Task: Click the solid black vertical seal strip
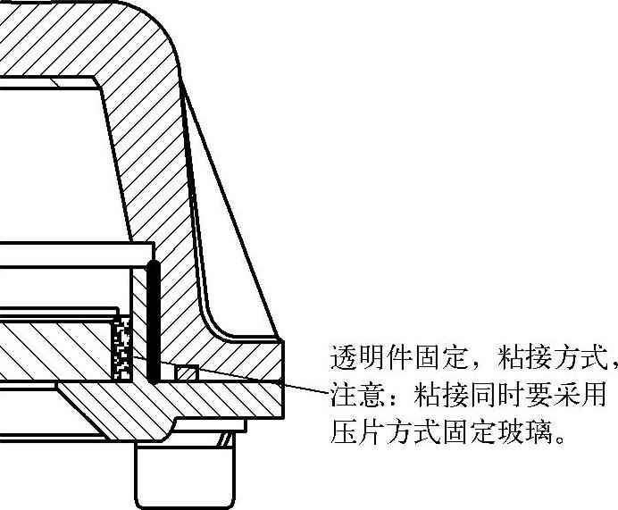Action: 154,322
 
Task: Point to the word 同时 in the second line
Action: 481,396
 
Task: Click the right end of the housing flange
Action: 280,361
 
